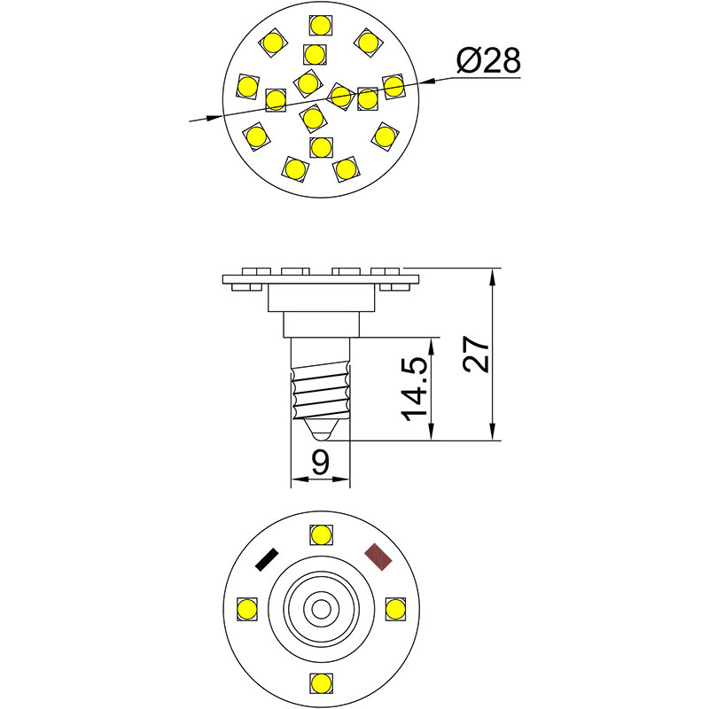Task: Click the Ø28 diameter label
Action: click(x=487, y=62)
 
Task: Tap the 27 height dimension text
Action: click(x=477, y=354)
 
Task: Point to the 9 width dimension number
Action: click(x=321, y=461)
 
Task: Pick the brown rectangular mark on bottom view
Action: click(x=379, y=557)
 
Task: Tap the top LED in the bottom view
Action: click(x=321, y=535)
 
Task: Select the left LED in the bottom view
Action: click(x=246, y=609)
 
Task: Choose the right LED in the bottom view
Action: click(x=395, y=609)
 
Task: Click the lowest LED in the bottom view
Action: click(x=321, y=683)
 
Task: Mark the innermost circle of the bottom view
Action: click(x=321, y=609)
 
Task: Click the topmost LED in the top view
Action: click(x=320, y=26)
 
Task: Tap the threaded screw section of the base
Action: click(x=320, y=393)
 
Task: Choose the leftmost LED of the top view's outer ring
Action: click(x=246, y=85)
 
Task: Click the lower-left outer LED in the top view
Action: click(x=256, y=136)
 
